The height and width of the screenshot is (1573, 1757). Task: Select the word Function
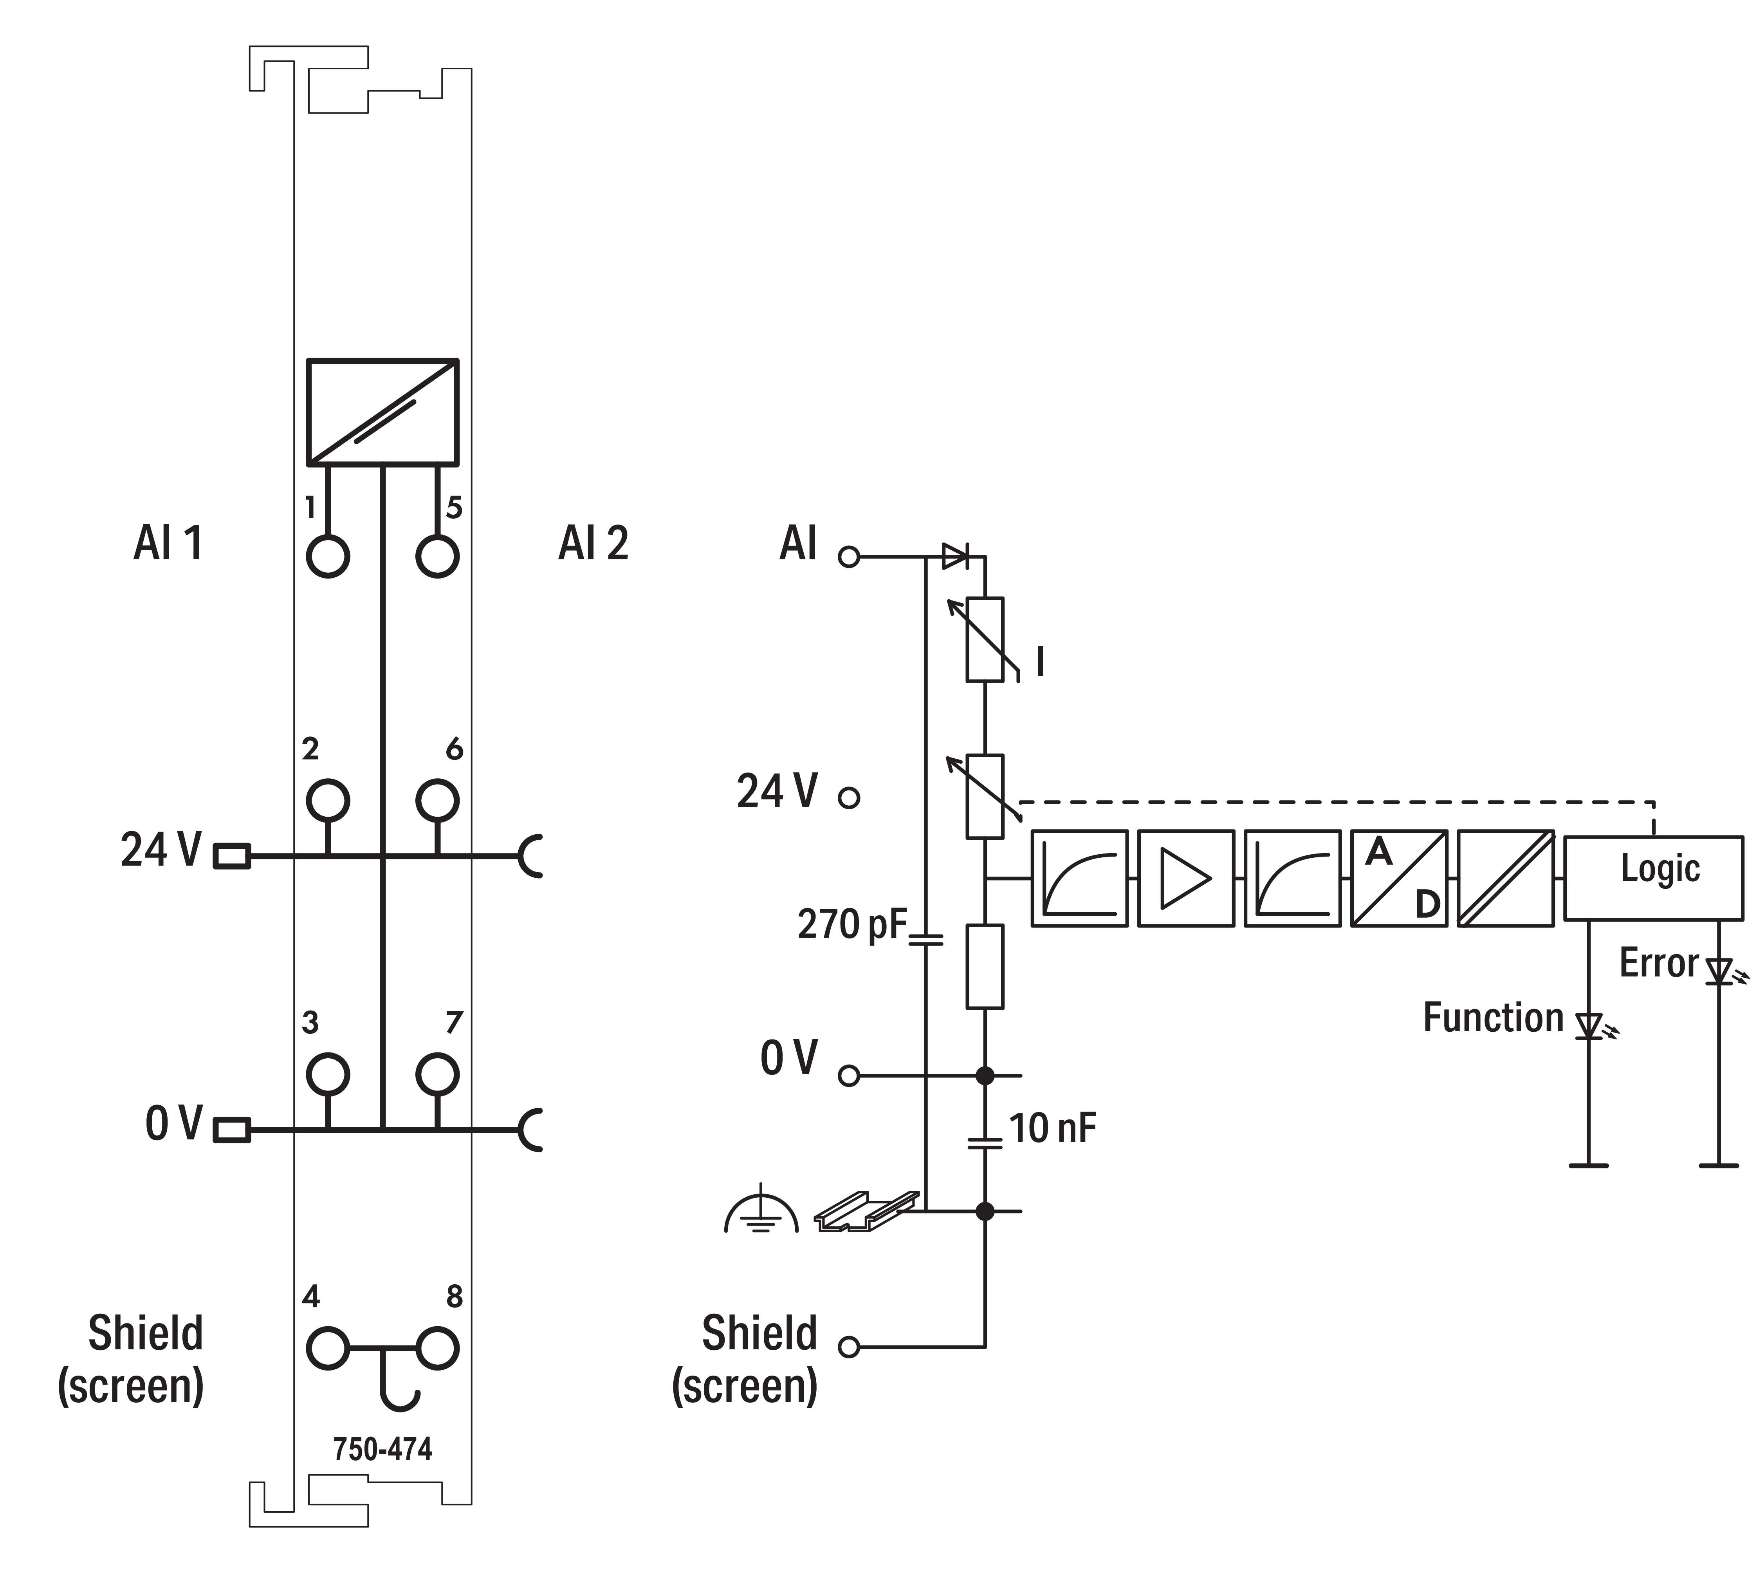[1493, 1017]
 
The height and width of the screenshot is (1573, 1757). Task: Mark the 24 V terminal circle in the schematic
[849, 797]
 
